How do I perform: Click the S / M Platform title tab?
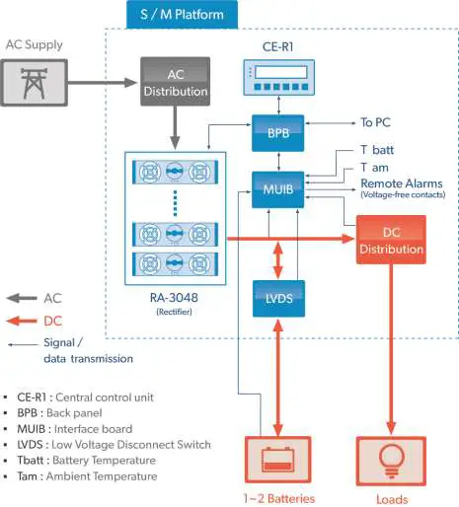182,14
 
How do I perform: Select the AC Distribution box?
175,82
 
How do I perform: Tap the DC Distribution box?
391,239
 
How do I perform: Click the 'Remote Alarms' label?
401,183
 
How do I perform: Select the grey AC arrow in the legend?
23,297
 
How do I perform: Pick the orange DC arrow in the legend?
23,321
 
